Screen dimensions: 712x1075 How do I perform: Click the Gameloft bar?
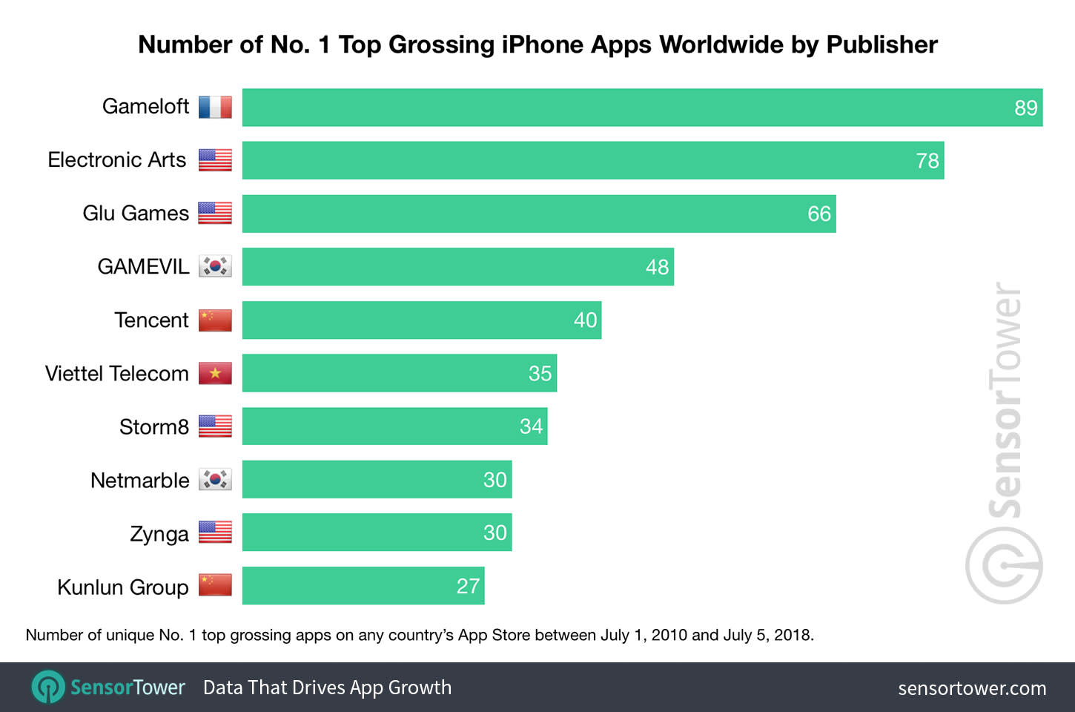(x=642, y=108)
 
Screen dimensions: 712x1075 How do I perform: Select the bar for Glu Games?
(x=539, y=214)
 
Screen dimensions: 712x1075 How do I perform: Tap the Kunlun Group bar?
(x=363, y=586)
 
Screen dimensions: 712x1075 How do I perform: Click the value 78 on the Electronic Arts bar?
(x=927, y=161)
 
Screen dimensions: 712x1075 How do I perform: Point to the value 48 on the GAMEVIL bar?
(x=657, y=267)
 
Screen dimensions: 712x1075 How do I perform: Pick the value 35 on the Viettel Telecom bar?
(x=540, y=373)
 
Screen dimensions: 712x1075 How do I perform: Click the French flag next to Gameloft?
(x=215, y=108)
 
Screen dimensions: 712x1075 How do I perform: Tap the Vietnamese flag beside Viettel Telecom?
(x=215, y=373)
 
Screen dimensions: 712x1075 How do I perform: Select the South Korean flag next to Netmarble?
(x=215, y=480)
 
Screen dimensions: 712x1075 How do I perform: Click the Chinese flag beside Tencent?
(x=215, y=320)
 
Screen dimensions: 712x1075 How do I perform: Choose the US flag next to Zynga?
(x=215, y=533)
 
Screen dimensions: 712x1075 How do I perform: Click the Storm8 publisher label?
(x=154, y=427)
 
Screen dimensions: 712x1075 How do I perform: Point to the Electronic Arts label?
(x=117, y=160)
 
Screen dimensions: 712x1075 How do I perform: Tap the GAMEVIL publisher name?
(x=143, y=267)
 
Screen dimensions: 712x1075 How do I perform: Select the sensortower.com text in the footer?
(x=971, y=688)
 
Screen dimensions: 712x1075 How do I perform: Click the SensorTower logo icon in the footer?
(x=48, y=687)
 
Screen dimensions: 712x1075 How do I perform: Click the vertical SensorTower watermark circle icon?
(x=1004, y=565)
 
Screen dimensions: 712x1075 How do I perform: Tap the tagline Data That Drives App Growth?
(x=327, y=688)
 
